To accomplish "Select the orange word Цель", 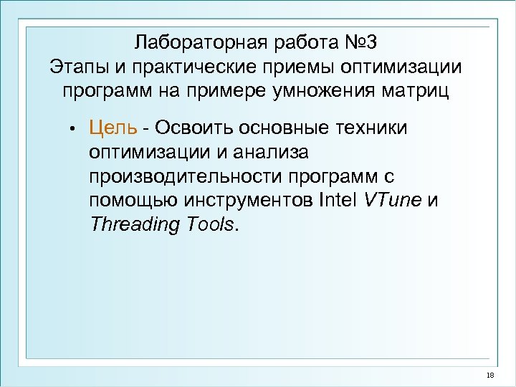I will pyautogui.click(x=113, y=128).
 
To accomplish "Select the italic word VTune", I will pyautogui.click(x=393, y=201).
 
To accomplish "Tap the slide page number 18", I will pyautogui.click(x=490, y=376).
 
